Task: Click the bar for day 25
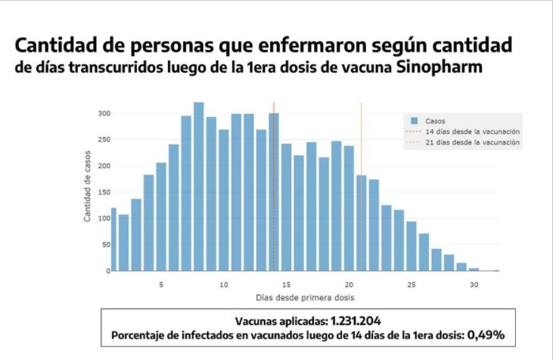point(412,246)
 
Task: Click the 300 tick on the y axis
point(104,113)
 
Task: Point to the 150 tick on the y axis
point(104,192)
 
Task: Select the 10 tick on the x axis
point(224,285)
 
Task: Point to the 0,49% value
point(489,334)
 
